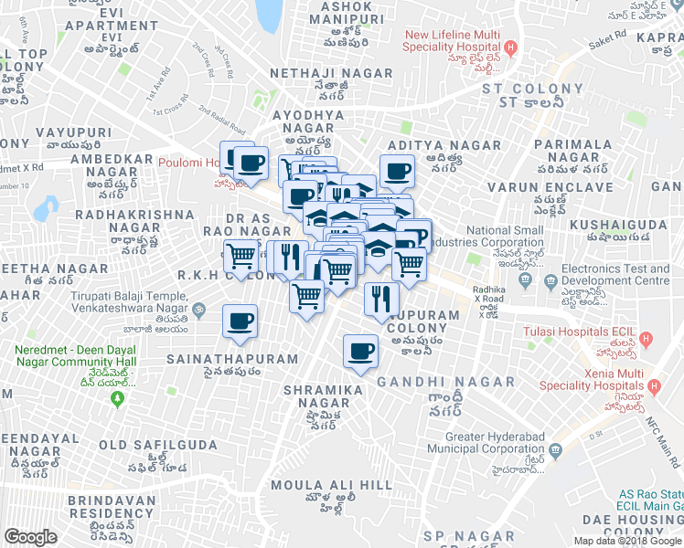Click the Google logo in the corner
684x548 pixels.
pos(30,537)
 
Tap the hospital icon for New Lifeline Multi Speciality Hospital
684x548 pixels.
pos(511,47)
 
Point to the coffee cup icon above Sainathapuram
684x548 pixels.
pos(240,321)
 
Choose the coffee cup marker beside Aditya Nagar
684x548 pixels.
pos(397,171)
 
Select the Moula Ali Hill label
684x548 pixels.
pos(311,484)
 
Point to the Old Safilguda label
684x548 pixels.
pos(159,445)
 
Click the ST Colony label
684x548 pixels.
pos(532,89)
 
